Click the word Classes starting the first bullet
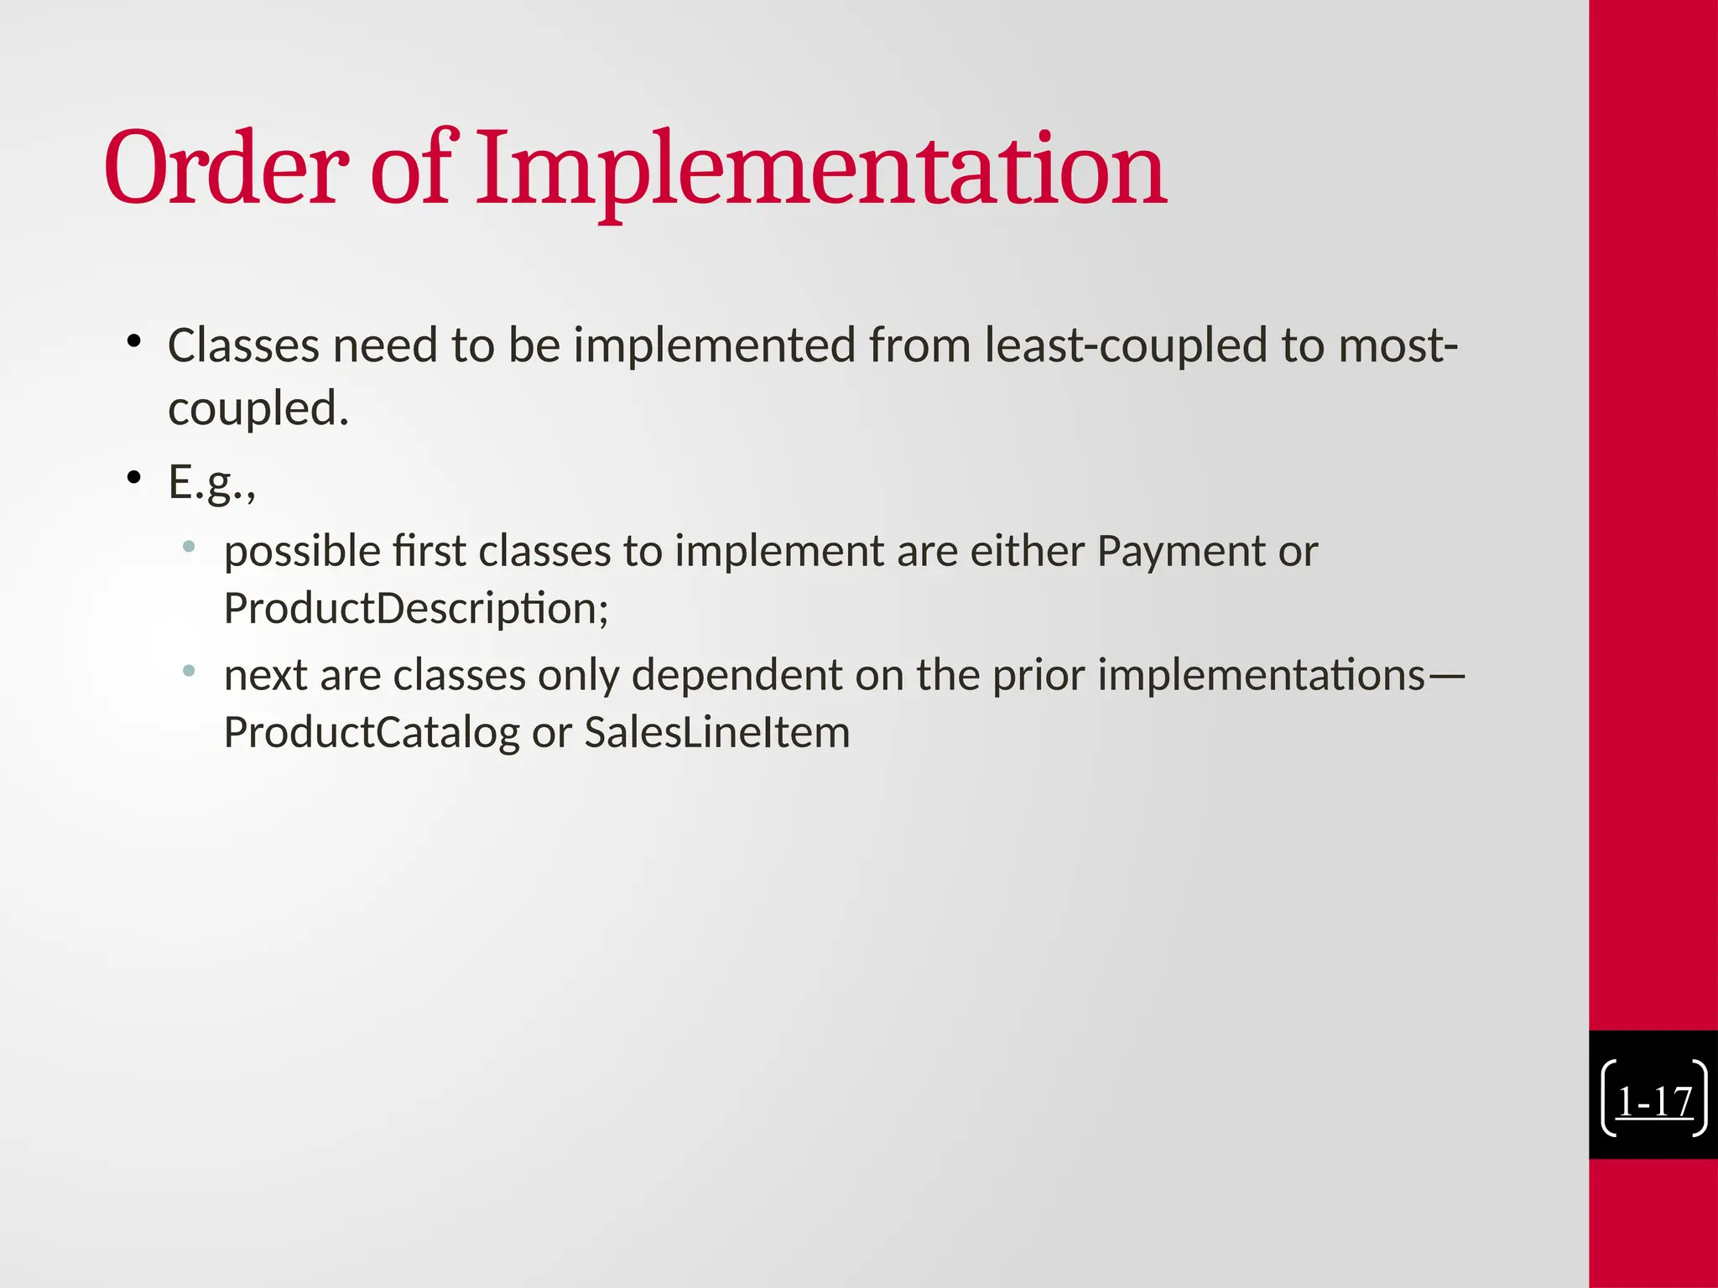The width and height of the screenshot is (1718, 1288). point(243,345)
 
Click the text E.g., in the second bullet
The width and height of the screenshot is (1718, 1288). point(211,482)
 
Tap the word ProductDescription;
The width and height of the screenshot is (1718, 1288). point(416,609)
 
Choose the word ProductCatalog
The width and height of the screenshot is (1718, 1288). point(372,732)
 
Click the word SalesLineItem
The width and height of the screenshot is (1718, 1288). point(716,732)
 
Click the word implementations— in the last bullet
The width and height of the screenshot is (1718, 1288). point(1280,675)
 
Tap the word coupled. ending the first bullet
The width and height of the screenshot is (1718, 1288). point(258,409)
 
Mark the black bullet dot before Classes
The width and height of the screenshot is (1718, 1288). point(133,341)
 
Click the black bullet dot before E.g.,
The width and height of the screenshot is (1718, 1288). point(133,478)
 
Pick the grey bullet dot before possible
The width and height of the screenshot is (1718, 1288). point(189,548)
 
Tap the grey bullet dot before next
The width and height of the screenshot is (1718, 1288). point(189,671)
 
